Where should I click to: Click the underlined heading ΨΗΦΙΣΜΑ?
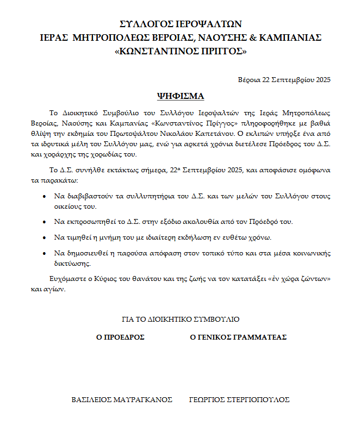pyautogui.click(x=180, y=96)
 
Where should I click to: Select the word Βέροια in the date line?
pyautogui.click(x=249, y=79)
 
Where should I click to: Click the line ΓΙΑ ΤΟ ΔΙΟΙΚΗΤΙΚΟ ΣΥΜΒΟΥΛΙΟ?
pyautogui.click(x=180, y=320)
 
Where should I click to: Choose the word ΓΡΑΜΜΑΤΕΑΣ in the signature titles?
pyautogui.click(x=259, y=337)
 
